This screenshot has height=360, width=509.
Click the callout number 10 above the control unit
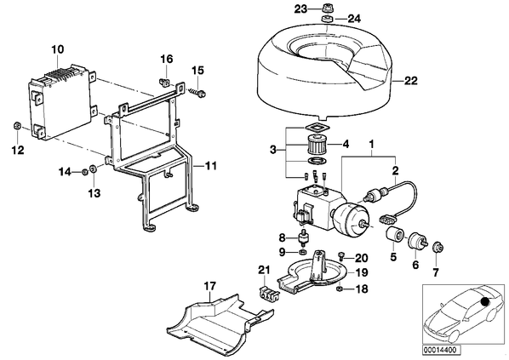[58, 49]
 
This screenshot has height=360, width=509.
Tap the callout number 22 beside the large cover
[410, 81]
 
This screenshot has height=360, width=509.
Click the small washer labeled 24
[327, 19]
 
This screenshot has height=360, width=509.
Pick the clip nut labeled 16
[166, 83]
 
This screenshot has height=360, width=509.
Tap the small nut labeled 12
[17, 125]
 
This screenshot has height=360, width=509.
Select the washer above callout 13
[93, 169]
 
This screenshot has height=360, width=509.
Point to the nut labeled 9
[302, 252]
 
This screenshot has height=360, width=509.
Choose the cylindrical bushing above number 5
[394, 235]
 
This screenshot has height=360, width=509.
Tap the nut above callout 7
[438, 249]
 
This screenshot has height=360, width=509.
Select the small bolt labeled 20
[340, 256]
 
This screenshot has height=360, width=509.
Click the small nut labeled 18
[340, 288]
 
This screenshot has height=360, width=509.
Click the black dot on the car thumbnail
[485, 301]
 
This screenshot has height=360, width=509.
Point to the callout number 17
[209, 286]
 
